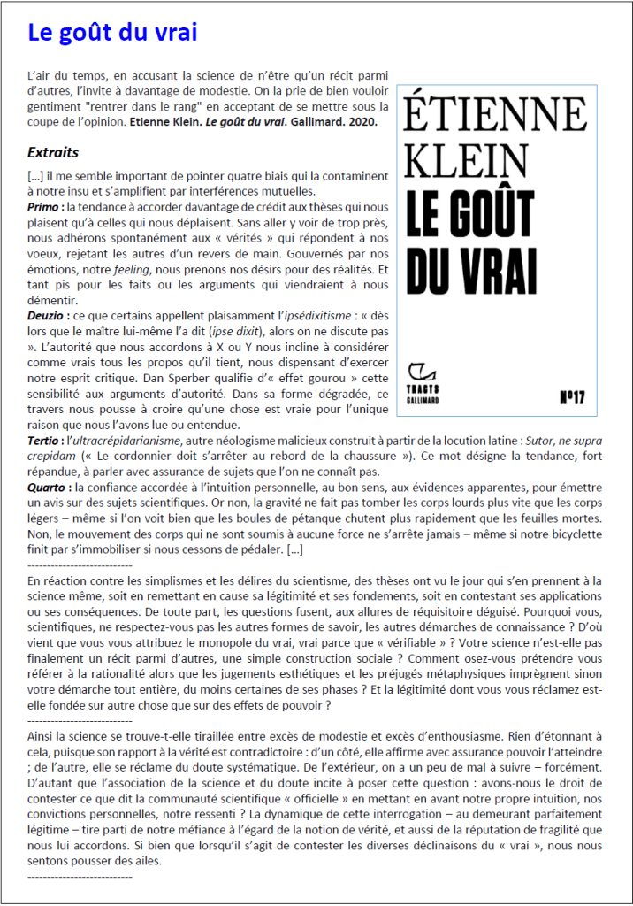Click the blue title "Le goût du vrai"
click(x=112, y=33)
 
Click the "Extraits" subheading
click(x=53, y=152)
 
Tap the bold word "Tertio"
click(x=43, y=439)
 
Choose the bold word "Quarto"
click(x=47, y=488)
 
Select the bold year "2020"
click(x=363, y=121)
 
